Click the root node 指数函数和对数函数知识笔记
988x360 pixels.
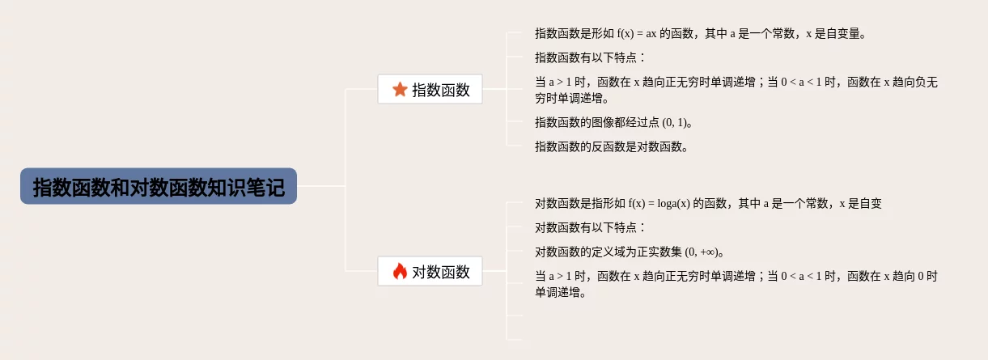(159, 186)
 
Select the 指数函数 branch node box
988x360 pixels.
(430, 89)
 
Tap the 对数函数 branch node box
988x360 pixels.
(430, 272)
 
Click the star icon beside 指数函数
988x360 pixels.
(400, 89)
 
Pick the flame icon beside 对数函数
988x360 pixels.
(400, 272)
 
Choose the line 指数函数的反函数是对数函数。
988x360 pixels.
(613, 146)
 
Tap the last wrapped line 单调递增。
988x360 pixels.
(559, 292)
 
